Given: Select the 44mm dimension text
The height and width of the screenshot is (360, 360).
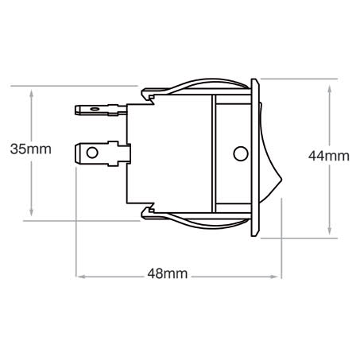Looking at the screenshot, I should tap(328, 156).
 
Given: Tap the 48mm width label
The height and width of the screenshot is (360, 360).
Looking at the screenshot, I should tap(168, 274).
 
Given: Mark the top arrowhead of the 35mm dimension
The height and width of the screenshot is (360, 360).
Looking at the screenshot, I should tap(32, 91).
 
